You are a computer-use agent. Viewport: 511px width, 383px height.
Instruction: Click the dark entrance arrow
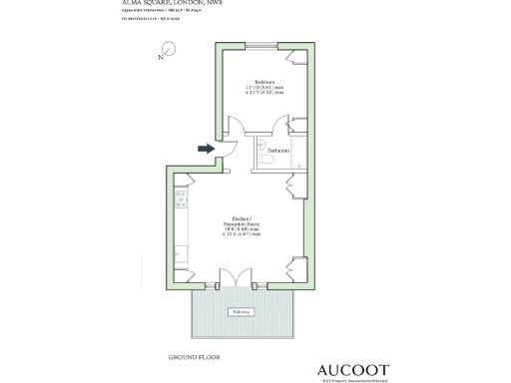pyautogui.click(x=205, y=149)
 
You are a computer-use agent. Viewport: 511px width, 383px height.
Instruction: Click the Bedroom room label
pyautogui.click(x=264, y=82)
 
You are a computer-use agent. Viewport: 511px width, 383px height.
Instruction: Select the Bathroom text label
pyautogui.click(x=278, y=150)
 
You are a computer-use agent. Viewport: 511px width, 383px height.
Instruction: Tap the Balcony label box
pyautogui.click(x=242, y=311)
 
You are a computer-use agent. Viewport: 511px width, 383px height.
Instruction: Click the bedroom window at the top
pyautogui.click(x=263, y=43)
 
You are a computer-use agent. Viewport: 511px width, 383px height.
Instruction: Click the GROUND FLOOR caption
pyautogui.click(x=194, y=356)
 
